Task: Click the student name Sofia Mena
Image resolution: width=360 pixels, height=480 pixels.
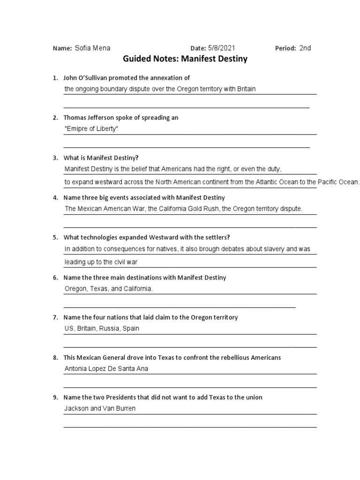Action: [x=92, y=48]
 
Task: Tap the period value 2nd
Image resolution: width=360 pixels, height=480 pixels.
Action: [x=305, y=48]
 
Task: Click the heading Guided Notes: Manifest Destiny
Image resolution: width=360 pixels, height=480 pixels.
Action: [x=185, y=59]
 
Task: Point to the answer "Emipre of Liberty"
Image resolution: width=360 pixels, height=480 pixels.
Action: [x=91, y=128]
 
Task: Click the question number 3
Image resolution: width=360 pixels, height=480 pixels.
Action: [x=55, y=158]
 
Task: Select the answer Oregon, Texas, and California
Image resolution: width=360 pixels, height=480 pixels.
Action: [x=108, y=289]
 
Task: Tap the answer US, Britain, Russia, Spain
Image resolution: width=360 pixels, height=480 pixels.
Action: [x=102, y=329]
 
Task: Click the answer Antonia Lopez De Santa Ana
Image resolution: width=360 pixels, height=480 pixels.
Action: [x=106, y=368]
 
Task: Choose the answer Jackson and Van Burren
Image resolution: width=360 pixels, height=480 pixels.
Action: [x=100, y=408]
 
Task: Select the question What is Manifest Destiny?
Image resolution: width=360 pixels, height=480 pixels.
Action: [x=101, y=158]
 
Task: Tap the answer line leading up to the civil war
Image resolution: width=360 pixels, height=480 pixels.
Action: [x=101, y=262]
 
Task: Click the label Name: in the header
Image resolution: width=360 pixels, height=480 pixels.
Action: [x=62, y=48]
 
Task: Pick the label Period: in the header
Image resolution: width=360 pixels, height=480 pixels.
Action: [x=285, y=48]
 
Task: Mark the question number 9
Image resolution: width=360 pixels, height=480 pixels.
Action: [x=55, y=397]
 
